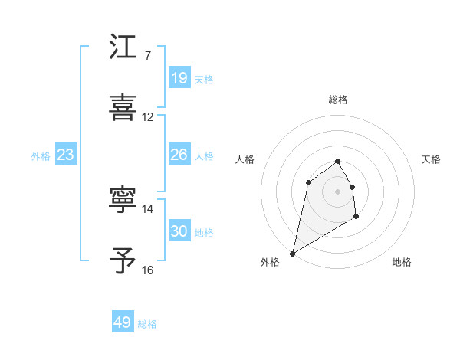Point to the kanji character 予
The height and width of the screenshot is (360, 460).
123,260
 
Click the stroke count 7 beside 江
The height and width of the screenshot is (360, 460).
147,56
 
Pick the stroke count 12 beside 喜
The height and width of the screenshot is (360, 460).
148,117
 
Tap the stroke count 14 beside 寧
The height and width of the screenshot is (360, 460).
148,208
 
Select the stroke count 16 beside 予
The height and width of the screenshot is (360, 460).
148,270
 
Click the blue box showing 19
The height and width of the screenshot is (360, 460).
179,78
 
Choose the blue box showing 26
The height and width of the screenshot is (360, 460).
179,155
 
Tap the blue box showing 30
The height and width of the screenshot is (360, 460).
179,231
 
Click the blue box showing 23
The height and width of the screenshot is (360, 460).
66,155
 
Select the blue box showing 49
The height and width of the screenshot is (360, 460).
123,322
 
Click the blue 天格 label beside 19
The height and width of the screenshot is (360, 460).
204,79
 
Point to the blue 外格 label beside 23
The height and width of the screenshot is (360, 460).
41,155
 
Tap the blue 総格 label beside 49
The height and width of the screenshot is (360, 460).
147,324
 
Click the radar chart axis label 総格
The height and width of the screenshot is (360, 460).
338,100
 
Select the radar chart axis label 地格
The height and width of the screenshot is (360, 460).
402,262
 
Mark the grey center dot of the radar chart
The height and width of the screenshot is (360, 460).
338,191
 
